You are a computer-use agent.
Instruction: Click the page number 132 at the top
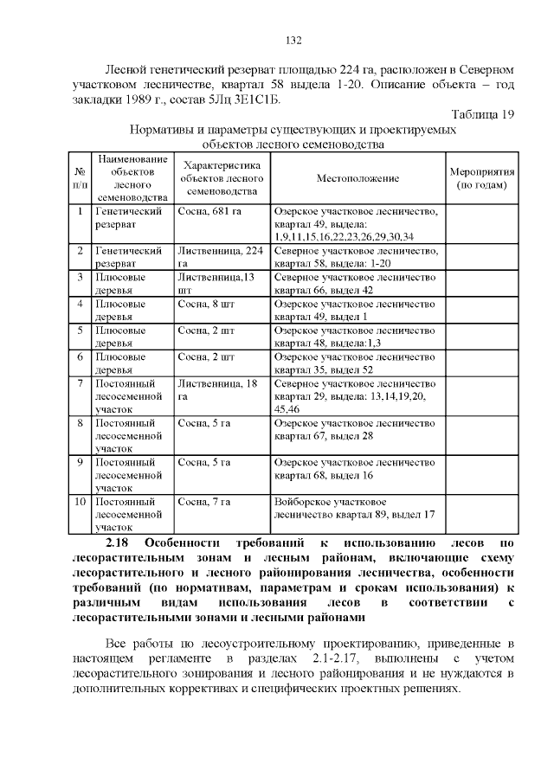pos(293,41)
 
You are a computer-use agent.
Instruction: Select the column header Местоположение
pos(357,178)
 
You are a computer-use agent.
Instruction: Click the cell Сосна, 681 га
pos(209,211)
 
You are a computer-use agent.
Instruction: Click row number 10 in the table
pos(80,502)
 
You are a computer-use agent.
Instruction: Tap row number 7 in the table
pos(80,383)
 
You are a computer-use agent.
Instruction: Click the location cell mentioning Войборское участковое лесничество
pos(353,509)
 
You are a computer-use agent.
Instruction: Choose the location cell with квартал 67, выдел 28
pos(356,429)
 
